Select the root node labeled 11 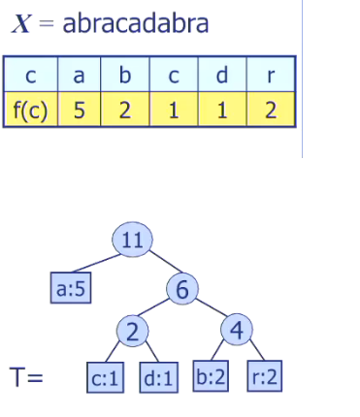coord(132,242)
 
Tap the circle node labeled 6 coord(183,289)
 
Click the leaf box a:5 coord(70,287)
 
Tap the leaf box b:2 coord(211,377)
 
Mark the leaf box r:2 coord(262,377)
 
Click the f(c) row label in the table coord(30,110)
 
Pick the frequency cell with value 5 coord(81,110)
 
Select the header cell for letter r coord(271,74)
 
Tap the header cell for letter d coord(223,74)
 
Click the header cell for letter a coord(81,74)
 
